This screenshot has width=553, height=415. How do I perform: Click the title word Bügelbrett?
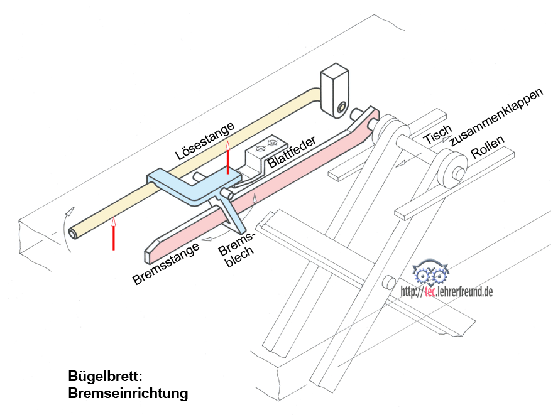(106, 377)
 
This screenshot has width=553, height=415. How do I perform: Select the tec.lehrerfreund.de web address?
(446, 291)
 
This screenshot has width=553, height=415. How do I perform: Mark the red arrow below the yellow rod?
(114, 233)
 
